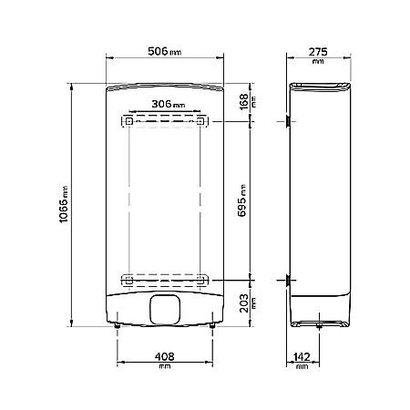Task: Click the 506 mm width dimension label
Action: tap(164, 51)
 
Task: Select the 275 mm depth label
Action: tap(317, 51)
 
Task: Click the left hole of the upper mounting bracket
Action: tap(129, 120)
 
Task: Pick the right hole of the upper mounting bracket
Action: tap(200, 120)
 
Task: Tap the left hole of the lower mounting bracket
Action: tap(129, 277)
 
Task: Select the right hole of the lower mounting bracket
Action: tap(200, 277)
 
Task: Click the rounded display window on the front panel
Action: tap(164, 309)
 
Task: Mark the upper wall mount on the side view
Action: tap(288, 120)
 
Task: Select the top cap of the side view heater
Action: tap(318, 87)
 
